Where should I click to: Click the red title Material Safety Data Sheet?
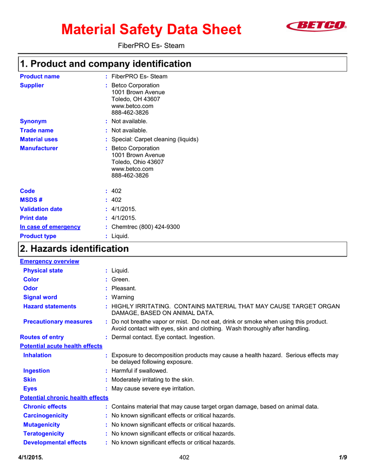(x=151, y=30)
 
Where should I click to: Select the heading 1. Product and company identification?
(x=105, y=64)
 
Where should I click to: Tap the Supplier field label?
(x=32, y=85)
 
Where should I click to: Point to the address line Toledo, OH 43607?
(x=136, y=99)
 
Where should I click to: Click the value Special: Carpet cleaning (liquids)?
(x=155, y=139)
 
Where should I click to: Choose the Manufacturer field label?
(x=39, y=148)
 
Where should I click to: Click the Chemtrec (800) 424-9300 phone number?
(x=145, y=227)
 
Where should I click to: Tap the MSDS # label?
(x=31, y=200)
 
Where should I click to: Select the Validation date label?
(x=41, y=209)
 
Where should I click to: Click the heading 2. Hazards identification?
(x=74, y=249)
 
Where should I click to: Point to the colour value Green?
(x=121, y=280)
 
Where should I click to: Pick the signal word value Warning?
(x=123, y=297)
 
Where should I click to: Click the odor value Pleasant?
(x=124, y=288)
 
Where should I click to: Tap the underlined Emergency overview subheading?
(x=50, y=262)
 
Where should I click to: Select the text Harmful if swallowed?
(x=140, y=371)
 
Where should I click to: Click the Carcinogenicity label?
(x=45, y=416)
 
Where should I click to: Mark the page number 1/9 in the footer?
(x=342, y=458)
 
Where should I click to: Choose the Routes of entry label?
(x=42, y=337)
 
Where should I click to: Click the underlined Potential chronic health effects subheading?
(x=64, y=398)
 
